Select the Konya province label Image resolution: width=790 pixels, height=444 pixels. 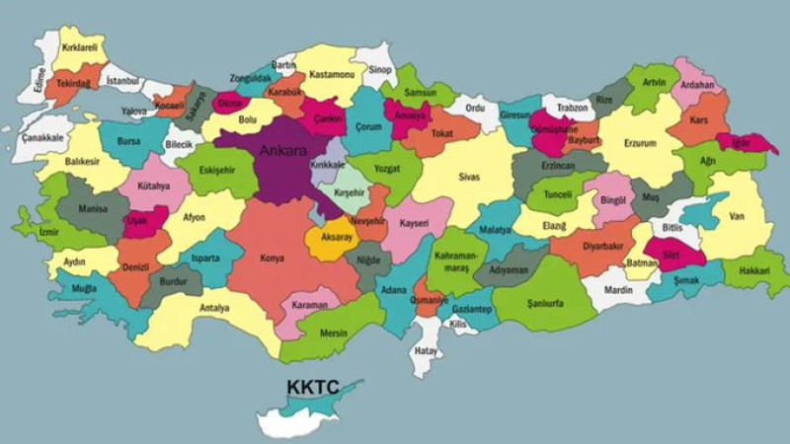pyautogui.click(x=272, y=259)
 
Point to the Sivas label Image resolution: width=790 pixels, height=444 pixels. pyautogui.click(x=468, y=179)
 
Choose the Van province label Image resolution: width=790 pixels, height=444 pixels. pyautogui.click(x=736, y=215)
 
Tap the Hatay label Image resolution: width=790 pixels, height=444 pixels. pyautogui.click(x=427, y=349)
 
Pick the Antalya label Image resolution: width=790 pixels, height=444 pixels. pyautogui.click(x=213, y=307)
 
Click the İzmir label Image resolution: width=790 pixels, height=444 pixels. pyautogui.click(x=49, y=233)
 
